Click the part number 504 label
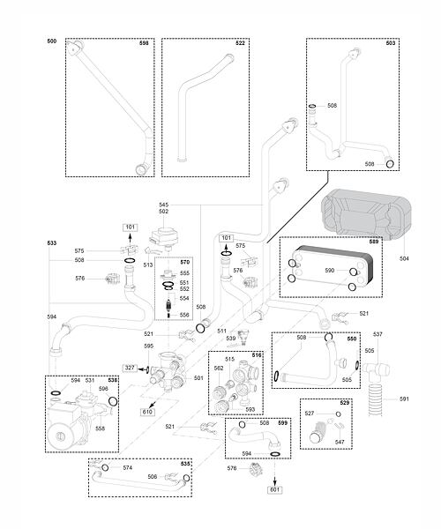(x=404, y=258)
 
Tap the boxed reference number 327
(x=131, y=368)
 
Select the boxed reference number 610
(x=147, y=412)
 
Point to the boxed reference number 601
(x=275, y=489)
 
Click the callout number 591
(x=404, y=399)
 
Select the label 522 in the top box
(x=240, y=43)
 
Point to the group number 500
(x=52, y=41)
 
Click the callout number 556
(x=184, y=315)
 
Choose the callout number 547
(x=340, y=442)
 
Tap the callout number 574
(x=128, y=468)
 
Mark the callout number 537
(x=377, y=334)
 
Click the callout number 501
(x=198, y=378)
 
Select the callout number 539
(x=231, y=338)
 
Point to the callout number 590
(x=330, y=271)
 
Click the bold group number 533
(x=52, y=243)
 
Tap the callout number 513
(x=148, y=265)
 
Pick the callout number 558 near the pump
(x=101, y=428)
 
